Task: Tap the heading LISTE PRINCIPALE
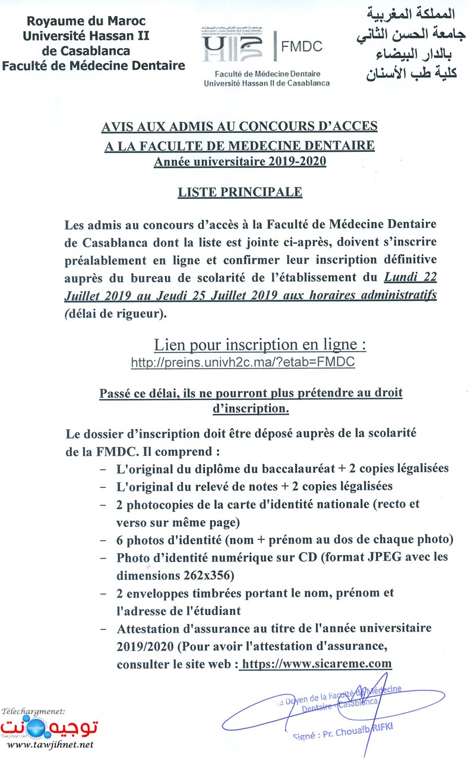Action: coord(240,192)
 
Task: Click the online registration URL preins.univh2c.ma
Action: coord(243,362)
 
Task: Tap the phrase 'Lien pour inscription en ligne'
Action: coord(260,344)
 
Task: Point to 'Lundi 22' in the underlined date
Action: coord(410,277)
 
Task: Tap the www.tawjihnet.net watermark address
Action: coord(50,744)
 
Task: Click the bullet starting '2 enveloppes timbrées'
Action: coord(255,592)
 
